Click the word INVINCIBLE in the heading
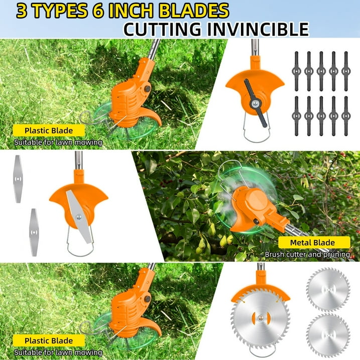[x=258, y=29]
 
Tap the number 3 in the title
[x=22, y=11]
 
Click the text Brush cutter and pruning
[x=307, y=255]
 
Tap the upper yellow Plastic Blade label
[x=49, y=131]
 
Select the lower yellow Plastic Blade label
[x=49, y=340]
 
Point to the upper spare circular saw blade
[x=328, y=289]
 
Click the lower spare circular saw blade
[x=328, y=335]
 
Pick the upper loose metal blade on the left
[x=18, y=179]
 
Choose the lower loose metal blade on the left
[x=34, y=232]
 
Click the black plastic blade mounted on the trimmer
[x=255, y=103]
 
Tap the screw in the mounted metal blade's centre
[x=79, y=216]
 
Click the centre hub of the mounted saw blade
[x=261, y=318]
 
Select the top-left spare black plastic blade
[x=296, y=71]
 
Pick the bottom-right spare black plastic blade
[x=346, y=116]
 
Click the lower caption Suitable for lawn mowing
[x=58, y=352]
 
